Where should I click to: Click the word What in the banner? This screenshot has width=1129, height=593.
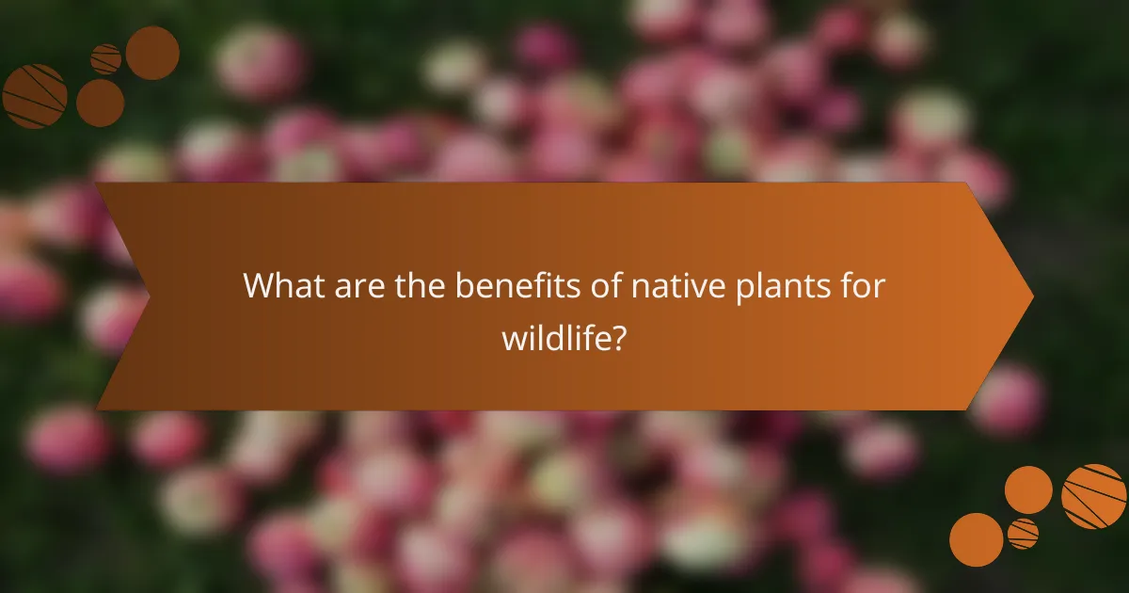coord(283,286)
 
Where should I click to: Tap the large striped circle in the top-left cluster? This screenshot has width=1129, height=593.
coord(34,96)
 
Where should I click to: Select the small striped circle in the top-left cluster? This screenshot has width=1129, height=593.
coord(106,59)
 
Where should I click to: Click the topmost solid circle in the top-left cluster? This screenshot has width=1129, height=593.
coord(152,53)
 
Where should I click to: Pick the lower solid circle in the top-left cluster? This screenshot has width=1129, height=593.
coord(100,103)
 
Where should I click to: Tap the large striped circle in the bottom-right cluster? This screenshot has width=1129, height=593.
coord(1094,496)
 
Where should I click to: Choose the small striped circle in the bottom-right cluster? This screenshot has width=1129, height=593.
coord(1023,534)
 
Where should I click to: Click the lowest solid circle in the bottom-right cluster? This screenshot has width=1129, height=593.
coord(976,540)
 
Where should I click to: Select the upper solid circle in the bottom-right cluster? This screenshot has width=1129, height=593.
coord(1028,489)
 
